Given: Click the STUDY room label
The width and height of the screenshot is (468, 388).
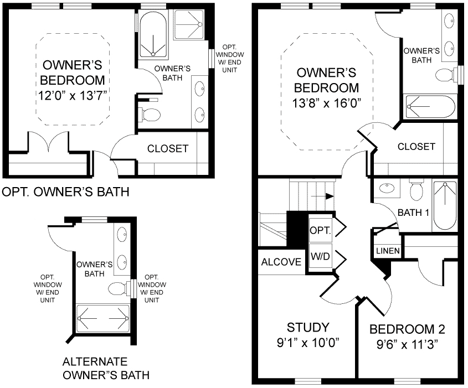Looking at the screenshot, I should (x=308, y=327).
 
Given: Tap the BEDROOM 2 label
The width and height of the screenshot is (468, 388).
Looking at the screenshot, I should (x=407, y=329).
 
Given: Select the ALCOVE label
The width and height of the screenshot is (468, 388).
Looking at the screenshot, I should (x=281, y=262).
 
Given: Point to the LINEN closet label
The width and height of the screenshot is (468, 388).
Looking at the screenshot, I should (x=388, y=251).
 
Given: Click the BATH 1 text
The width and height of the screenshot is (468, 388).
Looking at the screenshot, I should (x=414, y=212).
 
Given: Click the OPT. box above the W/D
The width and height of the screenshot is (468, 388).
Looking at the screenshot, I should (x=320, y=229).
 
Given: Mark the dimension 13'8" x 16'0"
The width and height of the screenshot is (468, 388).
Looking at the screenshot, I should (x=326, y=102).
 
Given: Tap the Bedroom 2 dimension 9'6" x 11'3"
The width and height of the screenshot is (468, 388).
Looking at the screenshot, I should (x=407, y=344).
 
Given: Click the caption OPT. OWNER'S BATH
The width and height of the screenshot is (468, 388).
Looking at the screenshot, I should (x=66, y=193).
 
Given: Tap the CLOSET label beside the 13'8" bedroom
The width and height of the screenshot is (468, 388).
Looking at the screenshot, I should (x=416, y=147).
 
